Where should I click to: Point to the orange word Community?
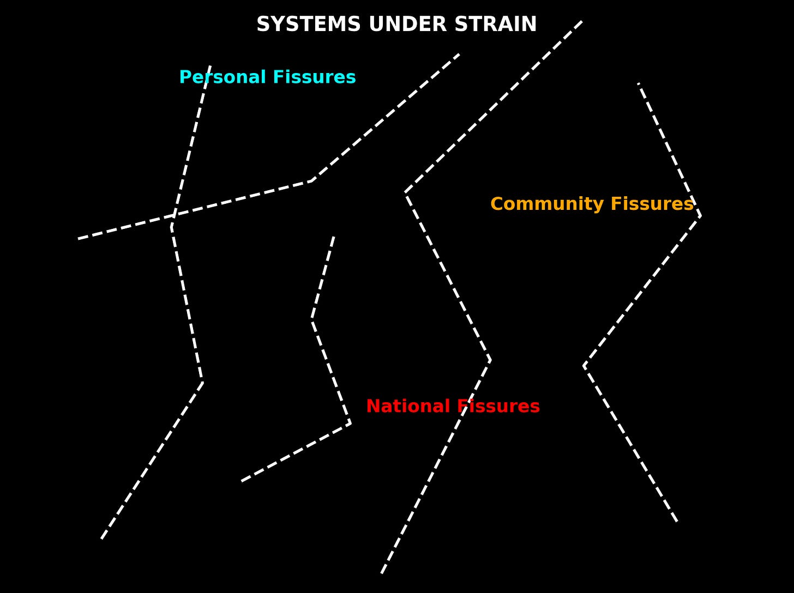click(548, 204)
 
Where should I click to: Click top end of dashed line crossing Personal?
click(210, 66)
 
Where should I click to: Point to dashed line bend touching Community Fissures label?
click(700, 216)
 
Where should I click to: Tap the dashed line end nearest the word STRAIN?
click(582, 21)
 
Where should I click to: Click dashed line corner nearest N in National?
click(350, 423)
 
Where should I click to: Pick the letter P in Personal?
click(184, 77)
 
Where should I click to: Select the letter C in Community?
click(496, 204)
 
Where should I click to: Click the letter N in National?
click(371, 407)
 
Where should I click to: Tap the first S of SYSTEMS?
click(262, 25)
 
